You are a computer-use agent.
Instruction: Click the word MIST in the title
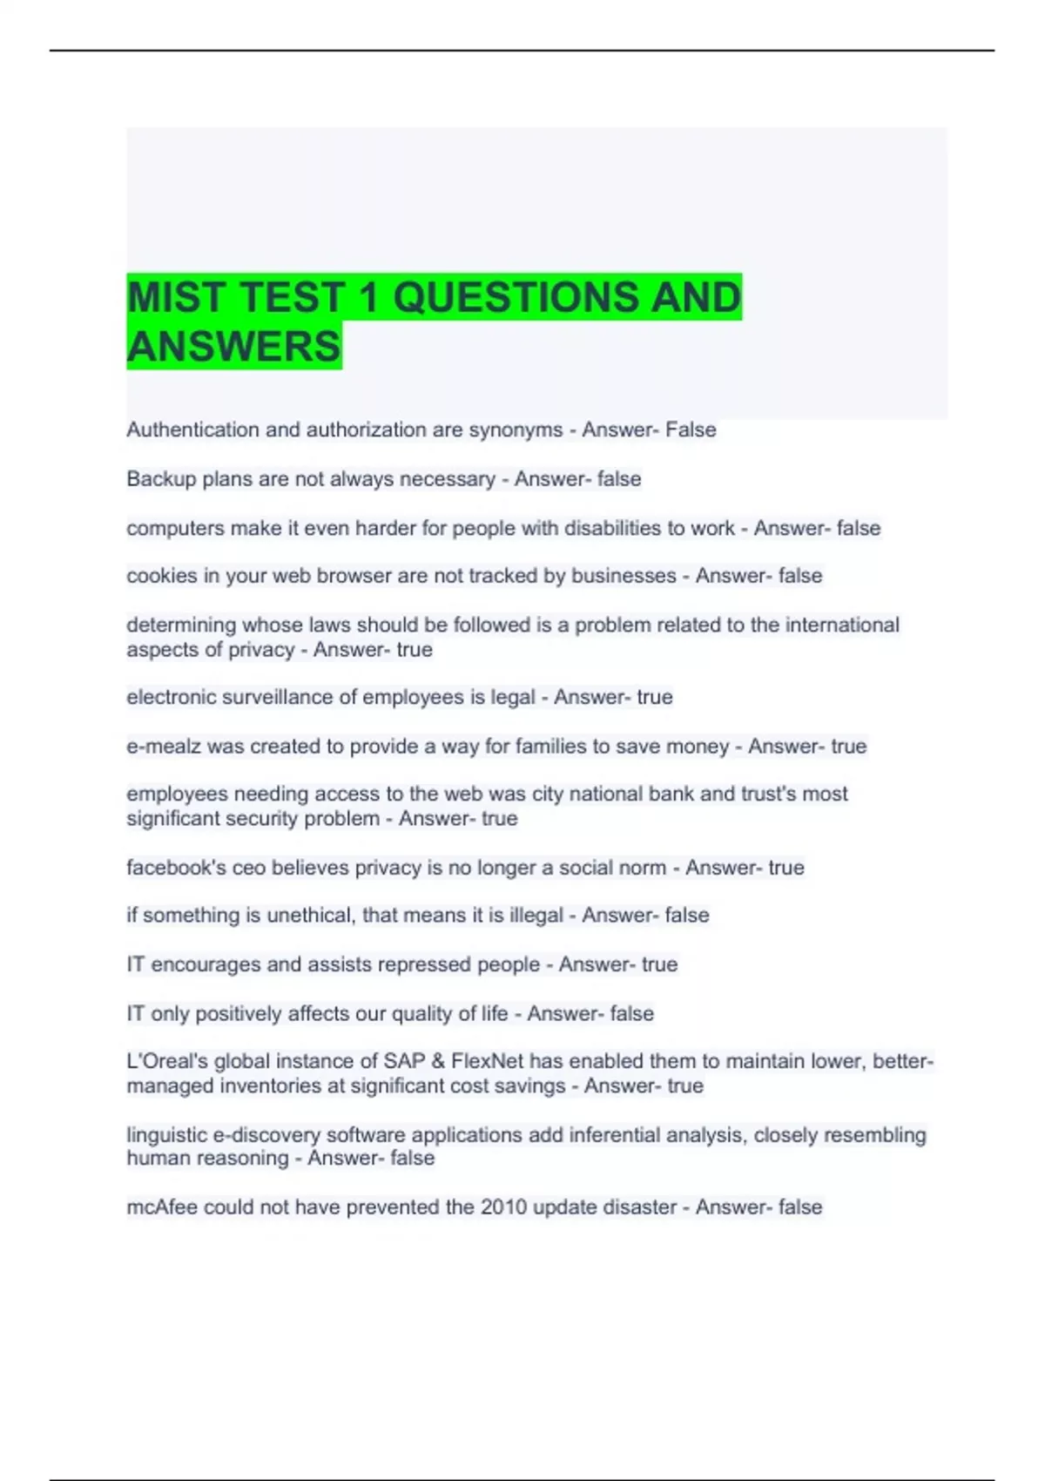[x=178, y=298]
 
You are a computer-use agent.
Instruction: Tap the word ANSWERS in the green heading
[x=233, y=347]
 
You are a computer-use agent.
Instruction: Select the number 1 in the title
[x=368, y=298]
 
